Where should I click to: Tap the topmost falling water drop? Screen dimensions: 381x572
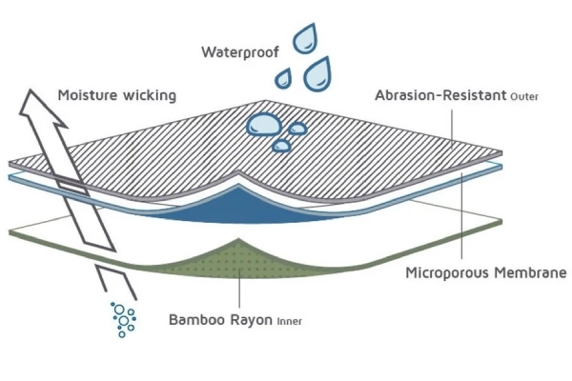coord(306,39)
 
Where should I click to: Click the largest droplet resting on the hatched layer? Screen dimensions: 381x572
coord(261,125)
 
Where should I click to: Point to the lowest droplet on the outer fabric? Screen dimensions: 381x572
coord(282,145)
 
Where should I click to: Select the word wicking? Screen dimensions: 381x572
coord(153,95)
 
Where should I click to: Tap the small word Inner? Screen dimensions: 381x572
coord(290,320)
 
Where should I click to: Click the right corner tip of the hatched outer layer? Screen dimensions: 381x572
coord(500,151)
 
